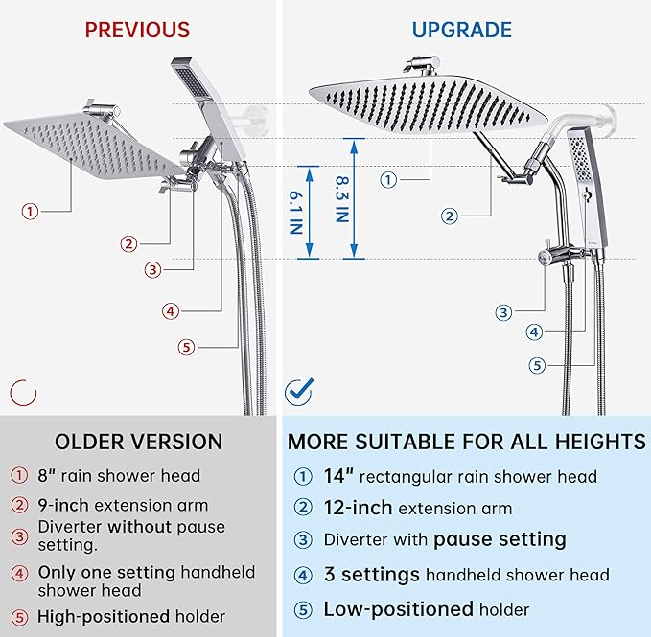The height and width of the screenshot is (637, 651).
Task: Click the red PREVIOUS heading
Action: point(137,30)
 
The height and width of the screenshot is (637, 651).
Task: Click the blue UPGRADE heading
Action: point(461,30)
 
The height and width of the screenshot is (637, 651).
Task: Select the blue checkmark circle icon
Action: point(299,391)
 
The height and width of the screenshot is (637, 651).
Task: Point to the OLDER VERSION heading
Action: point(138,442)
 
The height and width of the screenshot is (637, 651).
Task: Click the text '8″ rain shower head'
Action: point(119,475)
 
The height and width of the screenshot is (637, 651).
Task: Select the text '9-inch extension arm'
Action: point(123,505)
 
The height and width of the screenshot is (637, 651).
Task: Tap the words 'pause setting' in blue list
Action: point(500,539)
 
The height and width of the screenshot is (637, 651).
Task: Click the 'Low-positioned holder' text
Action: point(427,609)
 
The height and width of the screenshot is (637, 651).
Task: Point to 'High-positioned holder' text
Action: point(131,616)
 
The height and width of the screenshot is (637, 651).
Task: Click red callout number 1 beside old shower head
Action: point(32,212)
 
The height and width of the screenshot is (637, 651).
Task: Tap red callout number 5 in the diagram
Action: point(187,347)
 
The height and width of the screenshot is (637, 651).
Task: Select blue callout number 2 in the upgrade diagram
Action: point(450,216)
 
